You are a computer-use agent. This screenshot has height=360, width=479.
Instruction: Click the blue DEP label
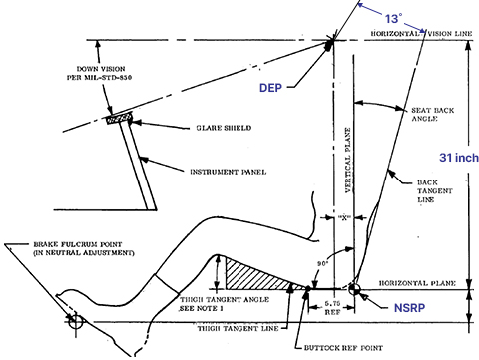pyautogui.click(x=270, y=88)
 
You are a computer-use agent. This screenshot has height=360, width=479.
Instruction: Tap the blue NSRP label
pyautogui.click(x=409, y=308)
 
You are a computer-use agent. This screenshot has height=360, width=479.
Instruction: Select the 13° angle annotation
pyautogui.click(x=394, y=19)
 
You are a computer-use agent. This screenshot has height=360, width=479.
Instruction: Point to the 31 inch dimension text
pyautogui.click(x=459, y=158)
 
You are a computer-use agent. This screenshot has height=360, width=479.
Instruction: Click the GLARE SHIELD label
pyautogui.click(x=224, y=128)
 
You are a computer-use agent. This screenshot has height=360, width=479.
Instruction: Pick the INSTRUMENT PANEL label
pyautogui.click(x=229, y=172)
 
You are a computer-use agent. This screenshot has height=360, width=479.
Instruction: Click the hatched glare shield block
pyautogui.click(x=119, y=118)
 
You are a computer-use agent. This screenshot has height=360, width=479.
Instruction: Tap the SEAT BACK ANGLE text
pyautogui.click(x=432, y=114)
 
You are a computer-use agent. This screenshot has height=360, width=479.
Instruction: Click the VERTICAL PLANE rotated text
pyautogui.click(x=348, y=161)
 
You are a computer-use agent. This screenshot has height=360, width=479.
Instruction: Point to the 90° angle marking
pyautogui.click(x=322, y=264)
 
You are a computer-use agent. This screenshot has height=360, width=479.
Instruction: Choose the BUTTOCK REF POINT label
pyautogui.click(x=343, y=348)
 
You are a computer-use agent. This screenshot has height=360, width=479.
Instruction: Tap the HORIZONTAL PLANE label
pyautogui.click(x=417, y=283)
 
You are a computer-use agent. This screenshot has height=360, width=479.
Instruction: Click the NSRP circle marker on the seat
pyautogui.click(x=354, y=289)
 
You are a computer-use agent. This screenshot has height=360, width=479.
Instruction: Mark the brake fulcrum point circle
pyautogui.click(x=76, y=321)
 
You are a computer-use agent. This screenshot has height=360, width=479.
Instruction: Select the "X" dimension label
pyautogui.click(x=344, y=217)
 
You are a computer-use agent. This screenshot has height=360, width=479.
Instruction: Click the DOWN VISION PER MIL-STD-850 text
pyautogui.click(x=99, y=73)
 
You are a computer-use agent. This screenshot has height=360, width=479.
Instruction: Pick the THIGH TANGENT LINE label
pyautogui.click(x=239, y=328)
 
